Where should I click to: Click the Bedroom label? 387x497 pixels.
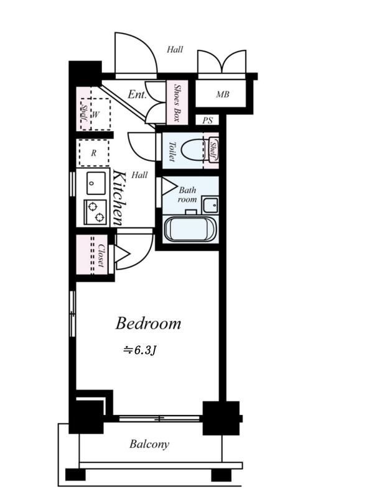(x=148, y=323)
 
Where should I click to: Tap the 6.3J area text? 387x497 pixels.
(x=141, y=350)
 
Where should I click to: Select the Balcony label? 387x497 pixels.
(x=149, y=444)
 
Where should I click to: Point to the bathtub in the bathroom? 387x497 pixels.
(x=190, y=229)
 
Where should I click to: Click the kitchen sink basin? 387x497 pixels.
(x=96, y=183)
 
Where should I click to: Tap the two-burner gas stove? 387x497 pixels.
(x=95, y=212)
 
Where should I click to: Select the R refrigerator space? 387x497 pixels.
(x=94, y=153)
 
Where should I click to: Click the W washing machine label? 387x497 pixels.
(x=95, y=114)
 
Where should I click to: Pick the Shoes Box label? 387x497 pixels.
(x=177, y=103)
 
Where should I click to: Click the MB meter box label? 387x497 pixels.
(x=223, y=94)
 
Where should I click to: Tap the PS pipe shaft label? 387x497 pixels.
(x=207, y=121)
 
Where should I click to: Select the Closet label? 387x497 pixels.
(x=101, y=255)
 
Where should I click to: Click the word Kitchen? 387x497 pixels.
(x=119, y=198)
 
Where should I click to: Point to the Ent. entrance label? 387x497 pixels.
(x=137, y=94)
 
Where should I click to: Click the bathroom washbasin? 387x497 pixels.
(x=210, y=205)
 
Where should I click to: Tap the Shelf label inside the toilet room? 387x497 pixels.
(x=213, y=150)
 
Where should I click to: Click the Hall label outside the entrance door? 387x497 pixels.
(x=175, y=50)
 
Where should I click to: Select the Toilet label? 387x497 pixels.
(x=172, y=152)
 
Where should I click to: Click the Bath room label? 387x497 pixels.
(x=187, y=194)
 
